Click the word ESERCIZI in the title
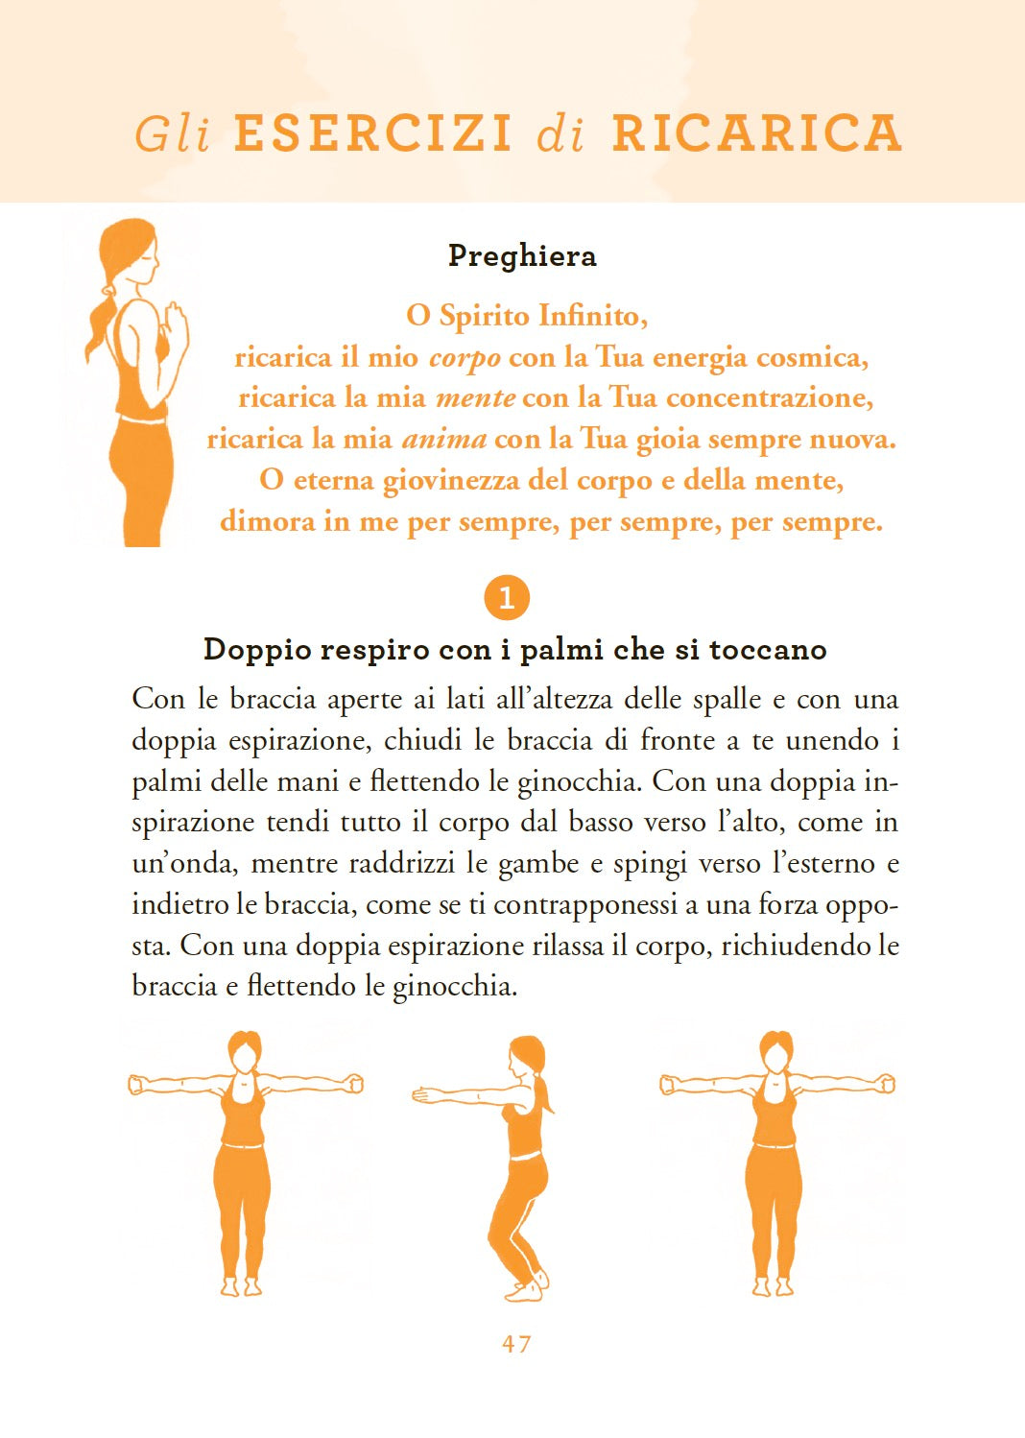372,133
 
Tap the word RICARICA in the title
757,133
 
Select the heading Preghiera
522,256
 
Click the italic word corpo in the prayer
465,358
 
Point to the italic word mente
475,398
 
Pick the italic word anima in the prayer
443,440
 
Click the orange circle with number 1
507,598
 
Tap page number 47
516,1344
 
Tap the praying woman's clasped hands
177,318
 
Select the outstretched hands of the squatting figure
422,1093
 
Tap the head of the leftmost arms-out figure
244,1052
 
